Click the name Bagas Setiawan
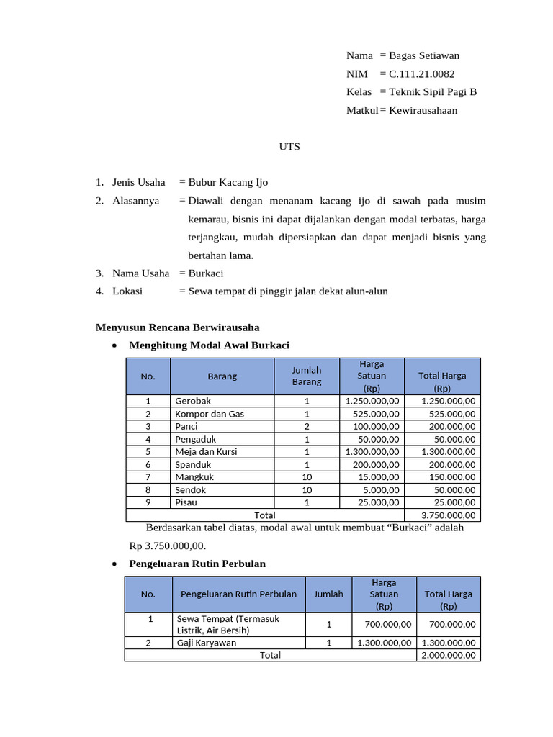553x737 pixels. [423, 55]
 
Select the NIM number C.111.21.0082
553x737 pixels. [421, 73]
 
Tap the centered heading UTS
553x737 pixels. [289, 147]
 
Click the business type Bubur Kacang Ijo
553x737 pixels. [228, 182]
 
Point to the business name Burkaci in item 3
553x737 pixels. [206, 273]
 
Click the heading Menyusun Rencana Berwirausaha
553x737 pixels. [178, 327]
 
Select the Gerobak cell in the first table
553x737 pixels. [193, 401]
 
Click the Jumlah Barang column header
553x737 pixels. [306, 376]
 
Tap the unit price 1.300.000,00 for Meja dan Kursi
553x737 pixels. [372, 452]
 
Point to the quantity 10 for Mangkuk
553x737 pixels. [306, 477]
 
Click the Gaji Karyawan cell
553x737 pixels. [206, 643]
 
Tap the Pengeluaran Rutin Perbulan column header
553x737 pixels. [238, 594]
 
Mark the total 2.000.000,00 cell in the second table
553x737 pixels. [448, 655]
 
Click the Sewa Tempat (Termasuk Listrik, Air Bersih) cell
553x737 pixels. [228, 624]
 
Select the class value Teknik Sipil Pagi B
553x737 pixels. [433, 91]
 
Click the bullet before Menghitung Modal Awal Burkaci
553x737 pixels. [115, 345]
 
